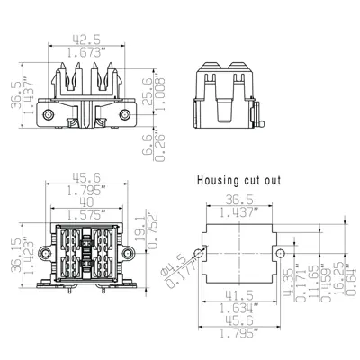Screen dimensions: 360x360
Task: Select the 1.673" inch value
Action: tap(87, 53)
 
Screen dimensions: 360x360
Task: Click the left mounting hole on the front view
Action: tap(51, 117)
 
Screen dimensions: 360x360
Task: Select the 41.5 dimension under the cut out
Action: tap(238, 295)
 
